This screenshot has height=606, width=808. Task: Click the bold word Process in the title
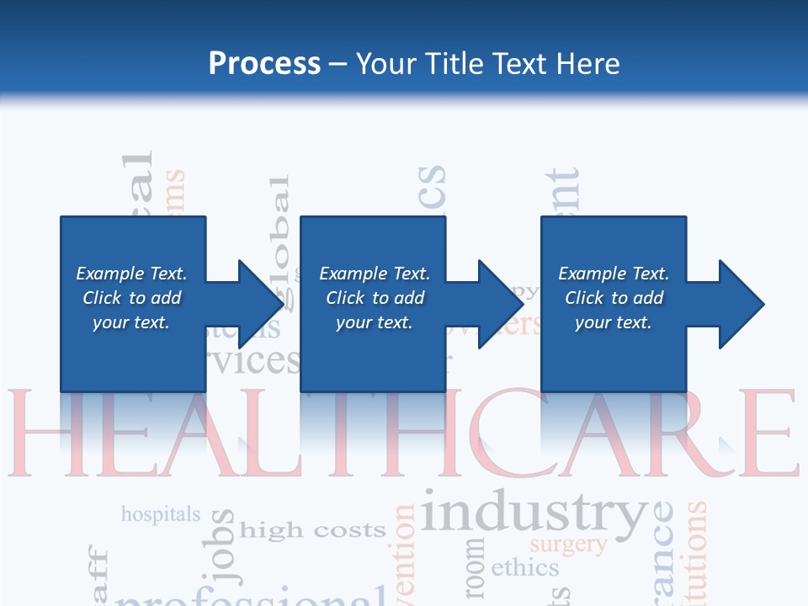pos(264,64)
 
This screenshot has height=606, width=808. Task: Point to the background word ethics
pos(524,568)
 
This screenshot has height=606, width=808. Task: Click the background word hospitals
pos(161,513)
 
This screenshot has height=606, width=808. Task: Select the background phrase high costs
pos(312,530)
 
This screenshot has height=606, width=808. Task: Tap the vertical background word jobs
pos(224,547)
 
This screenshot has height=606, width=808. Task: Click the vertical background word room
pos(475,564)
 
